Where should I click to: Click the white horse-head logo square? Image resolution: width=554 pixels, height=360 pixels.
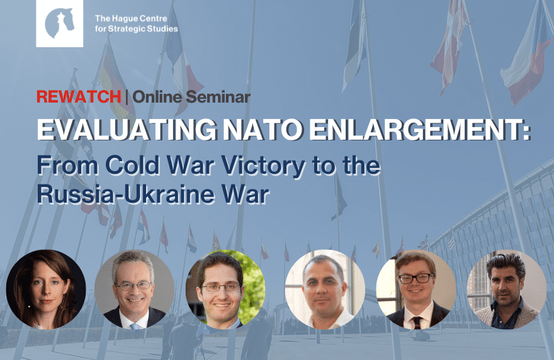click(x=60, y=23)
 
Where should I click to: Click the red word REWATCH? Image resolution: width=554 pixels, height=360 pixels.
click(x=79, y=97)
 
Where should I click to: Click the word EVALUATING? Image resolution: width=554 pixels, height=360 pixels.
click(x=127, y=130)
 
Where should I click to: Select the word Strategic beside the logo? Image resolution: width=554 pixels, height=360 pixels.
click(x=126, y=28)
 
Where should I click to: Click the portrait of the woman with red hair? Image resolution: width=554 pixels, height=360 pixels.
click(x=46, y=290)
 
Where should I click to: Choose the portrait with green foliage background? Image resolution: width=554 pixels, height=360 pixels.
click(x=225, y=290)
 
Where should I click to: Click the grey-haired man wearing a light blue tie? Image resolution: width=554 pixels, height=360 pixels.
click(x=134, y=290)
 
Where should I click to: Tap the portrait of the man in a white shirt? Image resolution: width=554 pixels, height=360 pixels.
click(x=325, y=290)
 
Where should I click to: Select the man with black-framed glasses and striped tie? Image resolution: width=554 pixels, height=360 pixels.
click(x=416, y=290)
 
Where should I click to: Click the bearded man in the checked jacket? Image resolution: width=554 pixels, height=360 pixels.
click(x=507, y=290)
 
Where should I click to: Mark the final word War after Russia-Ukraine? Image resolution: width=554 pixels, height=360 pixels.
click(x=245, y=194)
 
